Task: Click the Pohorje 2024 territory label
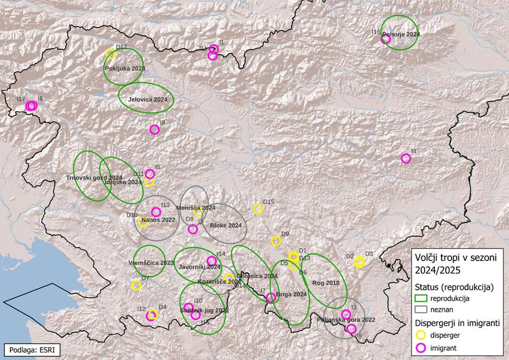pos(401,34)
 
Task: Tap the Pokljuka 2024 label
pos(125,68)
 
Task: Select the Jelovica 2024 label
pos(148,99)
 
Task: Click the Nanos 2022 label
pos(158,220)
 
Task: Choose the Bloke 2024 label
pos(226,226)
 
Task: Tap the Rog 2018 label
pos(326,283)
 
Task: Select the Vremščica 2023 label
pos(151,262)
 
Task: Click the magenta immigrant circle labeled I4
pos(406,158)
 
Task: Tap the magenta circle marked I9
pos(154,130)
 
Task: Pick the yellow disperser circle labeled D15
pos(258,209)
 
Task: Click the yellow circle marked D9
pos(276,241)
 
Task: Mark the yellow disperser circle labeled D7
pos(136,285)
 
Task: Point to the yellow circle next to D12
pos(111,54)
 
